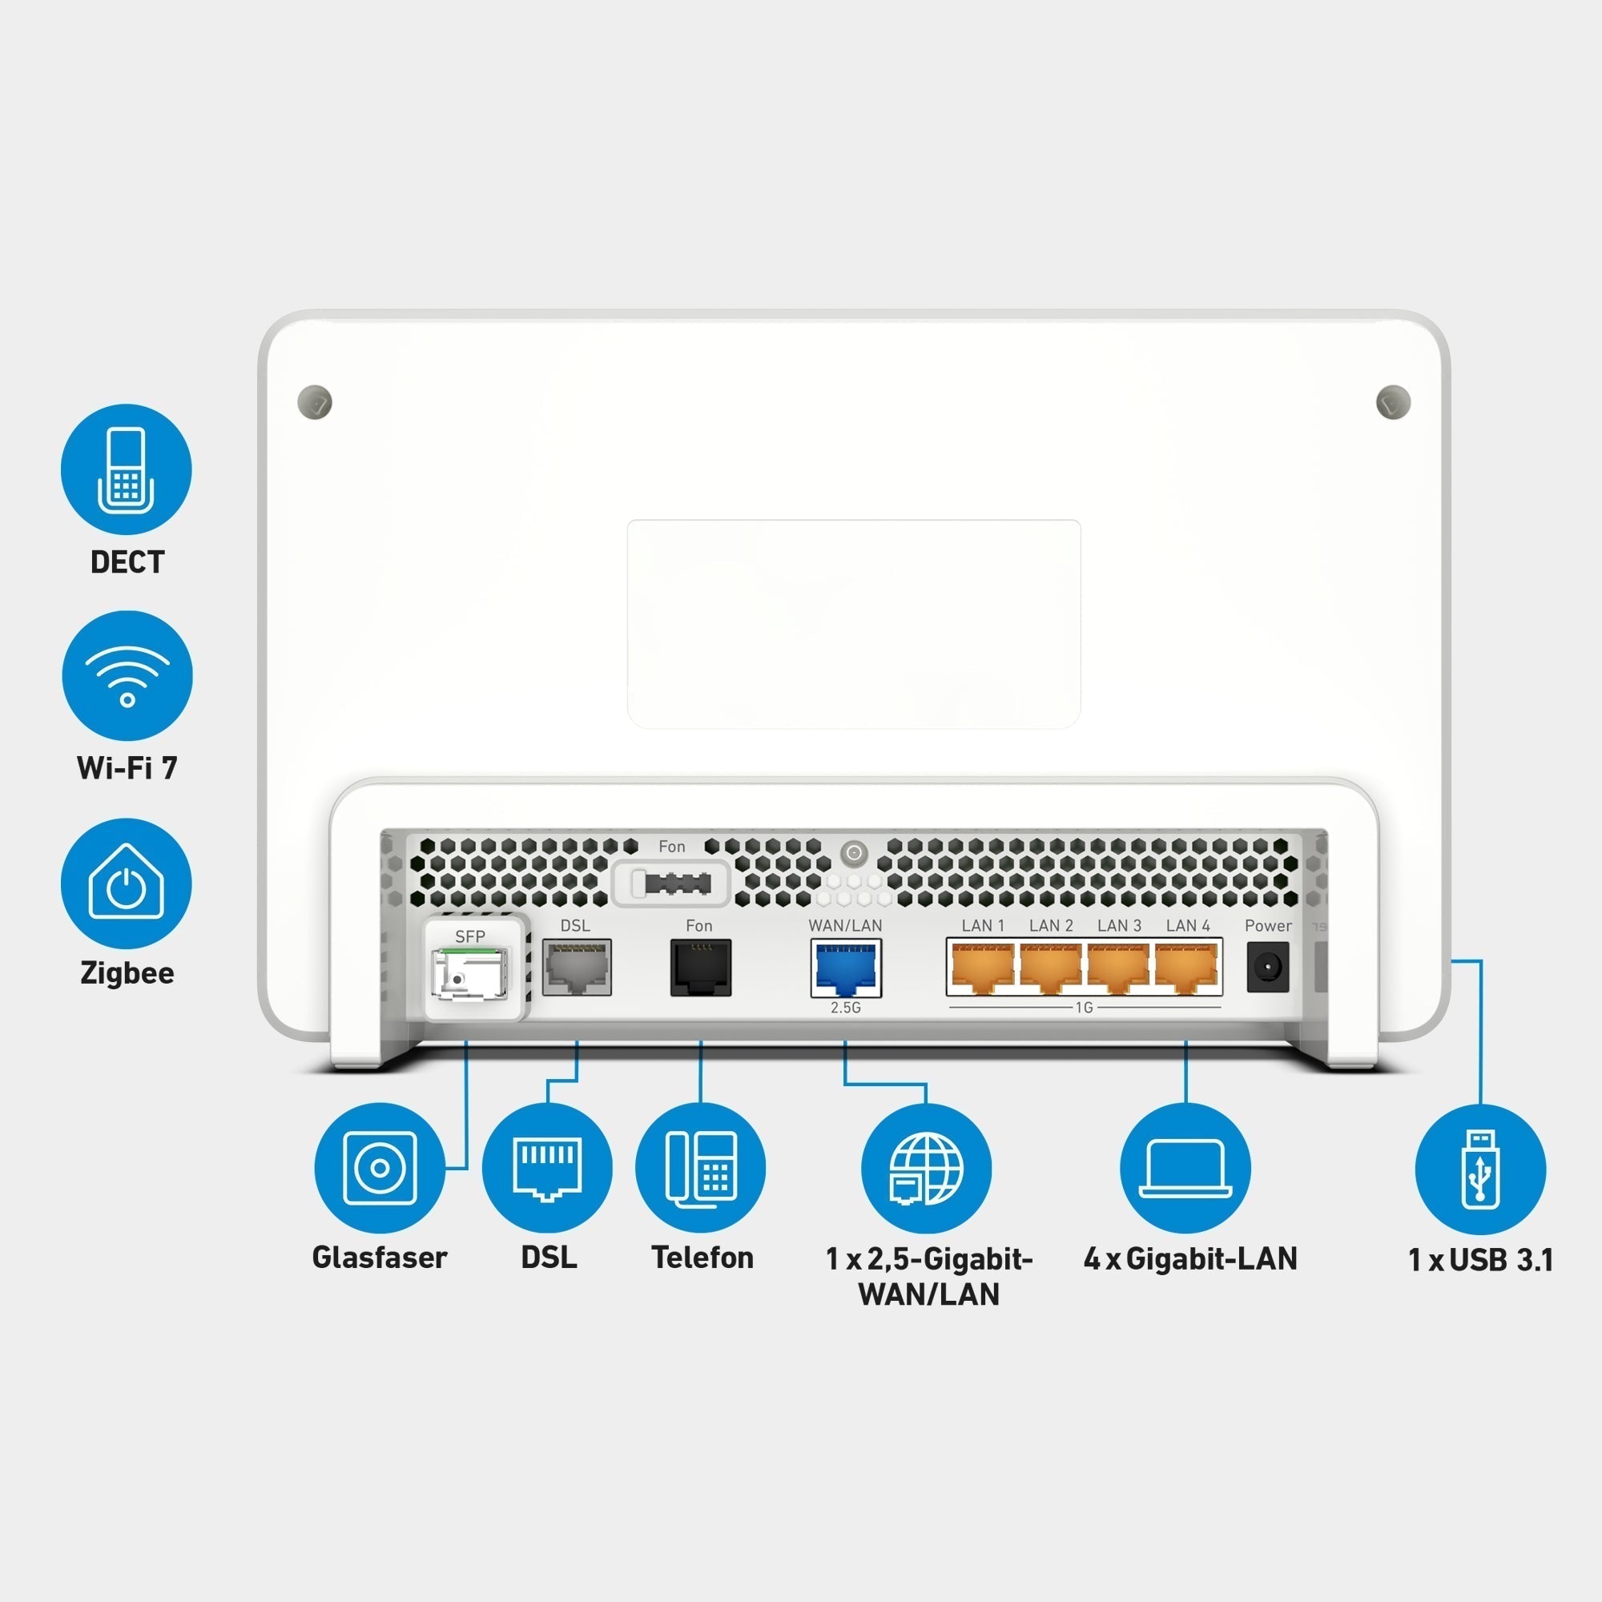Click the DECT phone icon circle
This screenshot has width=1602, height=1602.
126,469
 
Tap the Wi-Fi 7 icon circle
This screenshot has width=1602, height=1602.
127,676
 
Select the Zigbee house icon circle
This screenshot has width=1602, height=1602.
126,883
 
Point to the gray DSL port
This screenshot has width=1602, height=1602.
576,967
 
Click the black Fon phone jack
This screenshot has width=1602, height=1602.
701,967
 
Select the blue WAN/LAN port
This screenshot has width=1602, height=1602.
846,968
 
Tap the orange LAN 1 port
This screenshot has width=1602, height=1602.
983,968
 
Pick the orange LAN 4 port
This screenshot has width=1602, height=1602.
1187,968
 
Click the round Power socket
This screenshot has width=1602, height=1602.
1268,967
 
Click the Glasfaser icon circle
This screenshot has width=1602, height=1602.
379,1168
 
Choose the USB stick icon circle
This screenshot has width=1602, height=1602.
1480,1169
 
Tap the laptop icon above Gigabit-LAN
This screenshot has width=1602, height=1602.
1185,1168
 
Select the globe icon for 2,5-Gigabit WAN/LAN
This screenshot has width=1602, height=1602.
926,1169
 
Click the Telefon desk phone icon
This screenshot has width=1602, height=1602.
701,1168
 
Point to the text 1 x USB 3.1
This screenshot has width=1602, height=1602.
1480,1260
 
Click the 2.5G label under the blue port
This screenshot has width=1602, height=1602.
846,1008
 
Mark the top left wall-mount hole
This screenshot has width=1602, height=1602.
314,402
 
